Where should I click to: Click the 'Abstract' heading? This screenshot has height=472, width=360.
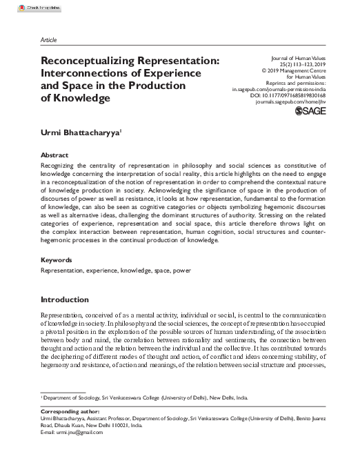[x=55, y=156]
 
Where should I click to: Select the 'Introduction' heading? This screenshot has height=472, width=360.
[x=70, y=319]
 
